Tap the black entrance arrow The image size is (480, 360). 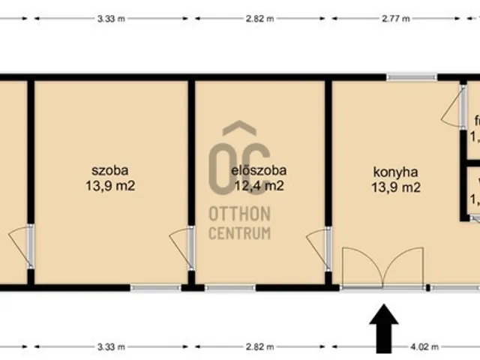point(384,326)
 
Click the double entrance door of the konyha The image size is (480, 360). point(382,268)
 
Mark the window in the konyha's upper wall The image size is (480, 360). point(412,76)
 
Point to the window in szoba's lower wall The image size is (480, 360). point(155,287)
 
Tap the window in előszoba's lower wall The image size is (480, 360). point(229,287)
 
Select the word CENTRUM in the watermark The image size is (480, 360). point(239,233)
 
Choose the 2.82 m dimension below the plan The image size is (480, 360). point(258,348)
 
